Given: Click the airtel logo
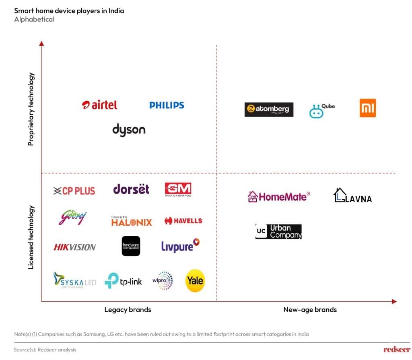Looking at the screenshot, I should pos(99,105).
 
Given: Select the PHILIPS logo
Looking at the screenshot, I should pos(167,105).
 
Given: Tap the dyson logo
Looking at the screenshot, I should pos(129,130).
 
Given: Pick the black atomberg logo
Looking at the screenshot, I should pos(269,109).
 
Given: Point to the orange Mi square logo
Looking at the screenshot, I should pos(367,108).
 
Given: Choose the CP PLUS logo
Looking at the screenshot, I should pos(74,191).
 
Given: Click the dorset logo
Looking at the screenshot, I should pos(131,189).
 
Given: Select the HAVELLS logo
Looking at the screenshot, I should pos(183,220).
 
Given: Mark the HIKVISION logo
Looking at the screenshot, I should pos(74,247).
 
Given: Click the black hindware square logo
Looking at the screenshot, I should pos(131,246).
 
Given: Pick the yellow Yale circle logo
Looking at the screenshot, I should pos(195,280).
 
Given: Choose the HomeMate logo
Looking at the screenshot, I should pos(279,196).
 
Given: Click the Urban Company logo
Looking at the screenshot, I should pos(278,231).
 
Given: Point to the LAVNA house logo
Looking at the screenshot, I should pos(352,195).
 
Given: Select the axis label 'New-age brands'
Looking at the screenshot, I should pos(310,309).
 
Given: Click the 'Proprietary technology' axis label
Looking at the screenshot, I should pos(31,109).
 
